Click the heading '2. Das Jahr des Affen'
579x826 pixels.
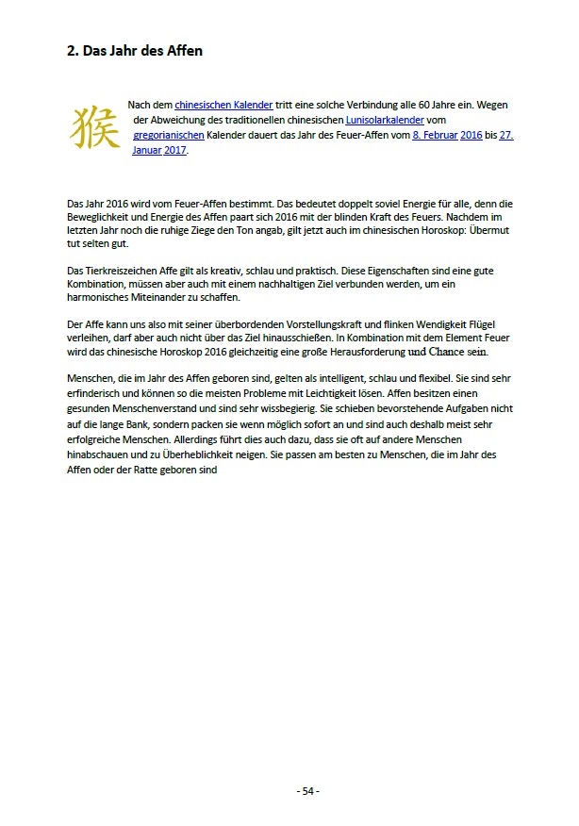click(x=127, y=51)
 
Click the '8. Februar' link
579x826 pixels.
click(x=435, y=136)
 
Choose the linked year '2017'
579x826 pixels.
click(x=174, y=150)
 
